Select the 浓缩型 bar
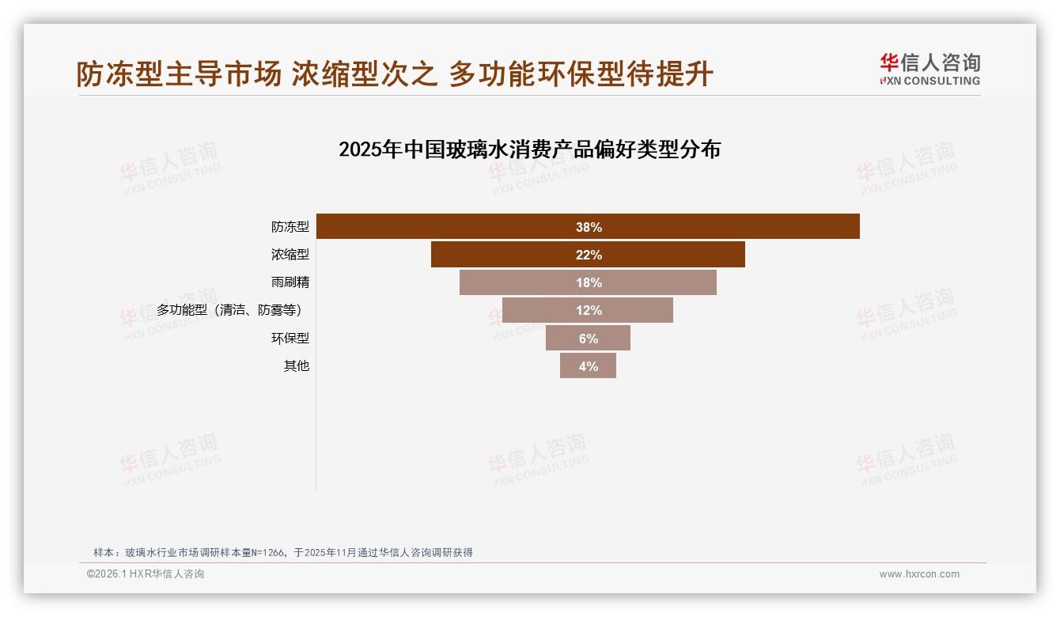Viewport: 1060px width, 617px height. (x=506, y=255)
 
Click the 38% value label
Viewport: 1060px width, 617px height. (x=589, y=227)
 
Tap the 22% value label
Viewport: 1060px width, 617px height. (x=589, y=255)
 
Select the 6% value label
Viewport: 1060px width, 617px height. (x=589, y=339)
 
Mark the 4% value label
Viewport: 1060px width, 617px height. (x=589, y=366)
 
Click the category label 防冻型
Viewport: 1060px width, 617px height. (x=290, y=227)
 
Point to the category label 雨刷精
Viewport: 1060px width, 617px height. (x=290, y=282)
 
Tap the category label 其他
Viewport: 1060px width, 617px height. (x=297, y=366)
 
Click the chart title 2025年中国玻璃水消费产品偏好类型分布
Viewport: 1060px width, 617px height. (x=529, y=149)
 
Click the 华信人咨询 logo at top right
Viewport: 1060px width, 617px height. (x=930, y=70)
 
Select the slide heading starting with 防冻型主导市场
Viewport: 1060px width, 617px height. (x=395, y=74)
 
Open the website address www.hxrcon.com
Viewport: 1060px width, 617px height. (x=919, y=574)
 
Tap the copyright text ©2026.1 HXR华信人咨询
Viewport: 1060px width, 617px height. (x=146, y=574)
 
